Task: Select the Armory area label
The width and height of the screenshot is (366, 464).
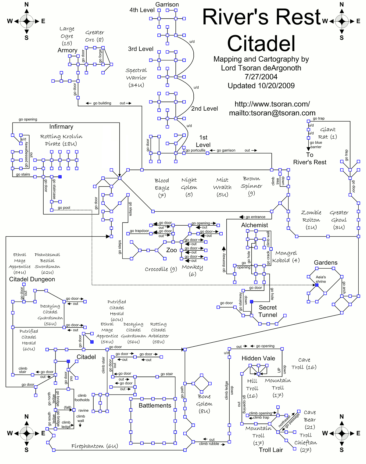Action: pyautogui.click(x=67, y=50)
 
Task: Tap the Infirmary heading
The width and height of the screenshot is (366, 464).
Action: pyautogui.click(x=61, y=127)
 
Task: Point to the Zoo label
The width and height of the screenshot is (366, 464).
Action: pyautogui.click(x=171, y=250)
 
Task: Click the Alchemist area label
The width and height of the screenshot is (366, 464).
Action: pyautogui.click(x=254, y=225)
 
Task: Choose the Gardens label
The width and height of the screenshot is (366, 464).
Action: pyautogui.click(x=325, y=262)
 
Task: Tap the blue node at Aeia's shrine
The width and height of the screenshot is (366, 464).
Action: pyautogui.click(x=317, y=285)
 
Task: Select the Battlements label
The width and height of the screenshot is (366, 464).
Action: pyautogui.click(x=155, y=405)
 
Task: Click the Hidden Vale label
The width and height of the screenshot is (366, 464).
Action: pyautogui.click(x=258, y=358)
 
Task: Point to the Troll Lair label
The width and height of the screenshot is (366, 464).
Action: pyautogui.click(x=271, y=450)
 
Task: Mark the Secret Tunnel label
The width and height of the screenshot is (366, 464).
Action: pyautogui.click(x=268, y=311)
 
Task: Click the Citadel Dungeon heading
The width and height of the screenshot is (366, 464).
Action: pyautogui.click(x=32, y=279)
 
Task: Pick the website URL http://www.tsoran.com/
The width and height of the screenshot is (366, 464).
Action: pyautogui.click(x=272, y=104)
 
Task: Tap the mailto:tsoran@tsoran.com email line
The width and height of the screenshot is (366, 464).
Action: pyautogui.click(x=272, y=113)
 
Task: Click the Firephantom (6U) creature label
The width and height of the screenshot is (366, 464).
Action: pyautogui.click(x=95, y=446)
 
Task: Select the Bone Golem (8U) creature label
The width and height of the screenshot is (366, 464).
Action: pyautogui.click(x=204, y=404)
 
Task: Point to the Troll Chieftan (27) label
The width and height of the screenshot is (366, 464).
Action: pyautogui.click(x=306, y=442)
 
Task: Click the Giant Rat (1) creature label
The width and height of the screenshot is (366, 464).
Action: pyautogui.click(x=328, y=133)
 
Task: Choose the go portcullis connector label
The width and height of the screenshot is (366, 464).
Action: pyautogui.click(x=196, y=150)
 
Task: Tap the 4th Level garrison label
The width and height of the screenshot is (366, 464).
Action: pyautogui.click(x=142, y=10)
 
